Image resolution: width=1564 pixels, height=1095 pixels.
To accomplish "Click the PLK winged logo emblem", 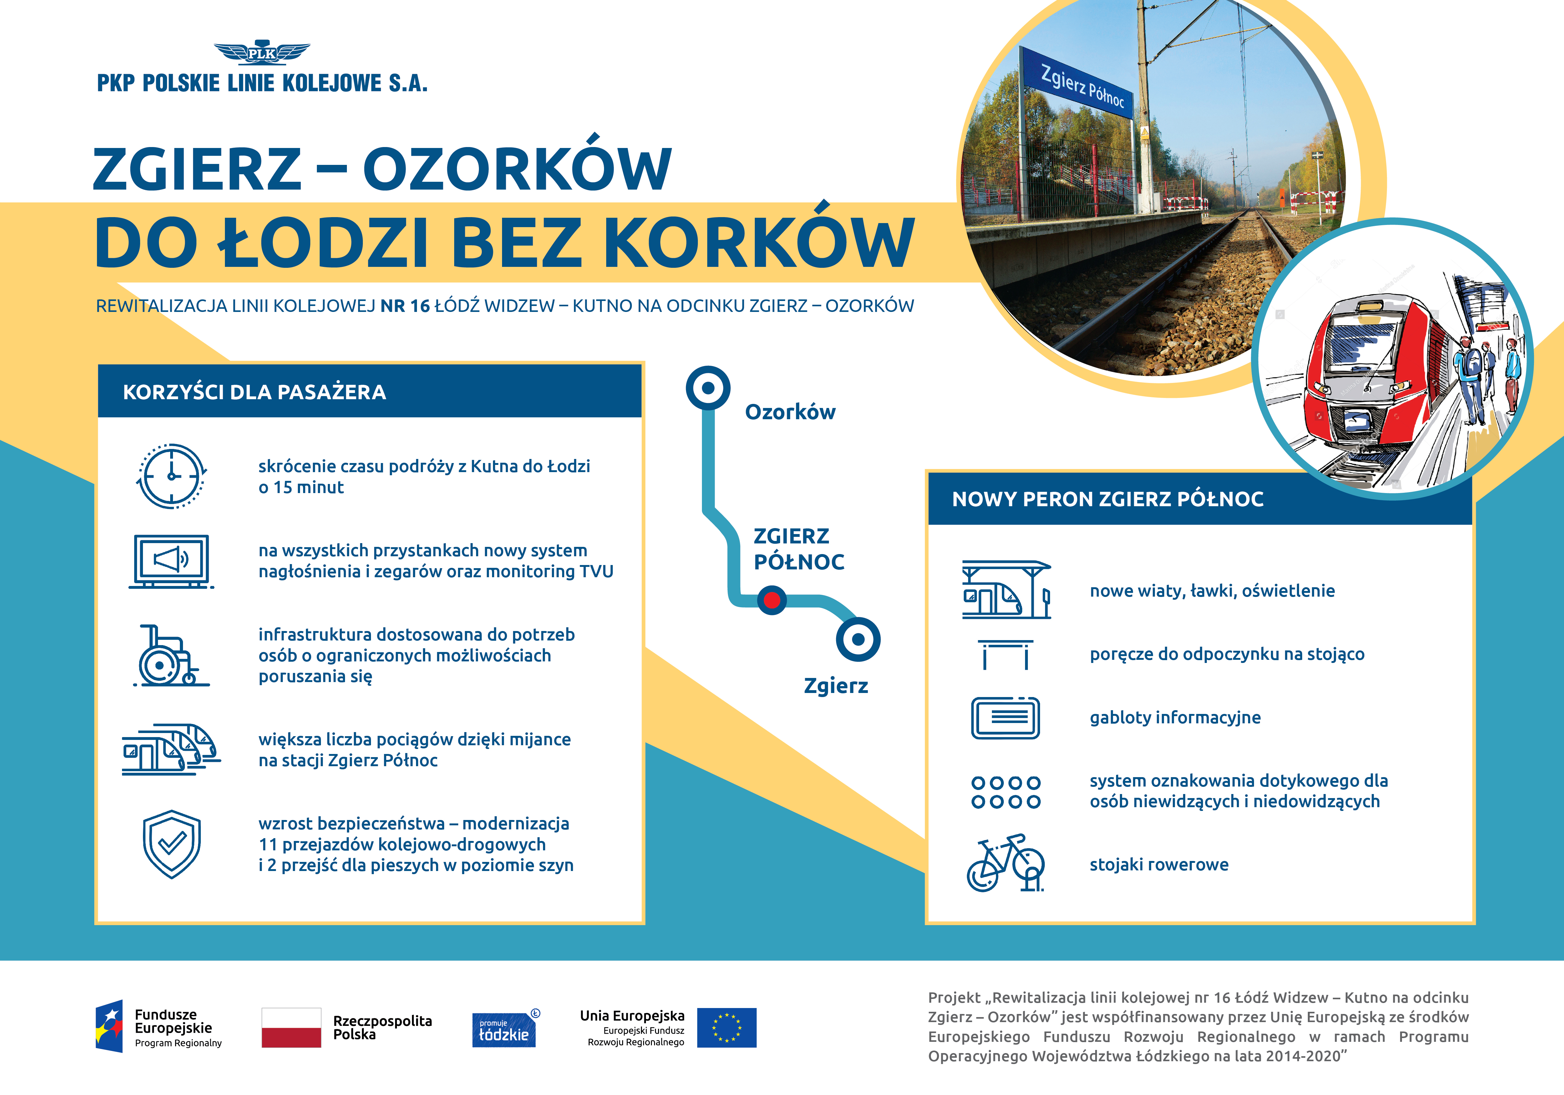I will click(262, 53).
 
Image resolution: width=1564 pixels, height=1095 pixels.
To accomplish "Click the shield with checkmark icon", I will click(172, 843).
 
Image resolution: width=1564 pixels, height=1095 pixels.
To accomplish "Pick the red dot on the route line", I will click(772, 600).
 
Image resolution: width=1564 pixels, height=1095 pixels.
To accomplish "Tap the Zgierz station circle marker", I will click(858, 639).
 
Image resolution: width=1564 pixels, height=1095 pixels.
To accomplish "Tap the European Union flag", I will click(727, 1027).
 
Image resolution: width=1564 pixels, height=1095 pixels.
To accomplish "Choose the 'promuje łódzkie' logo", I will click(504, 1029).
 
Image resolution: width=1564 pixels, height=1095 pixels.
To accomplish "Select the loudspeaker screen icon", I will click(171, 561).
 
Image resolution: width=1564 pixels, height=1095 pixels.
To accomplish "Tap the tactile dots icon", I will click(1005, 792).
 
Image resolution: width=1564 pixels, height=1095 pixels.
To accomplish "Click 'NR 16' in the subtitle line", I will click(405, 306).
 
